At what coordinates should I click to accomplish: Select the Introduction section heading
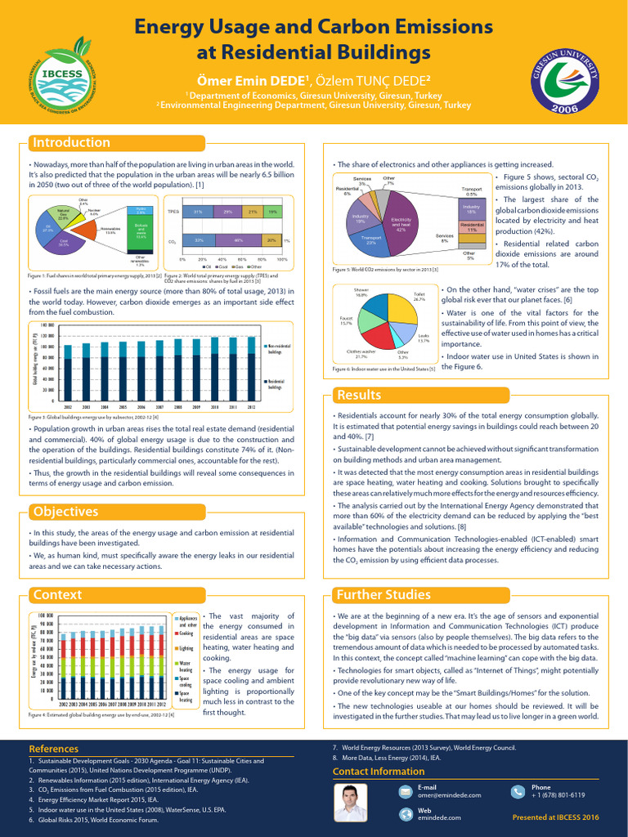(70, 143)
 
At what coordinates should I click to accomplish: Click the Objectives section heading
(65, 512)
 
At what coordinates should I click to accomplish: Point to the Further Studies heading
(383, 594)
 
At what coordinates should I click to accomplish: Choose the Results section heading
(360, 396)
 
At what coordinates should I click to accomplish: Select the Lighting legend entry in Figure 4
(185, 648)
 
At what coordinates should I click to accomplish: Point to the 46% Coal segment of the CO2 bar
(239, 241)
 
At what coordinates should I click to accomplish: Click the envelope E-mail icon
(405, 791)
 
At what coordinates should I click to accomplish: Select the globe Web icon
(405, 814)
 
